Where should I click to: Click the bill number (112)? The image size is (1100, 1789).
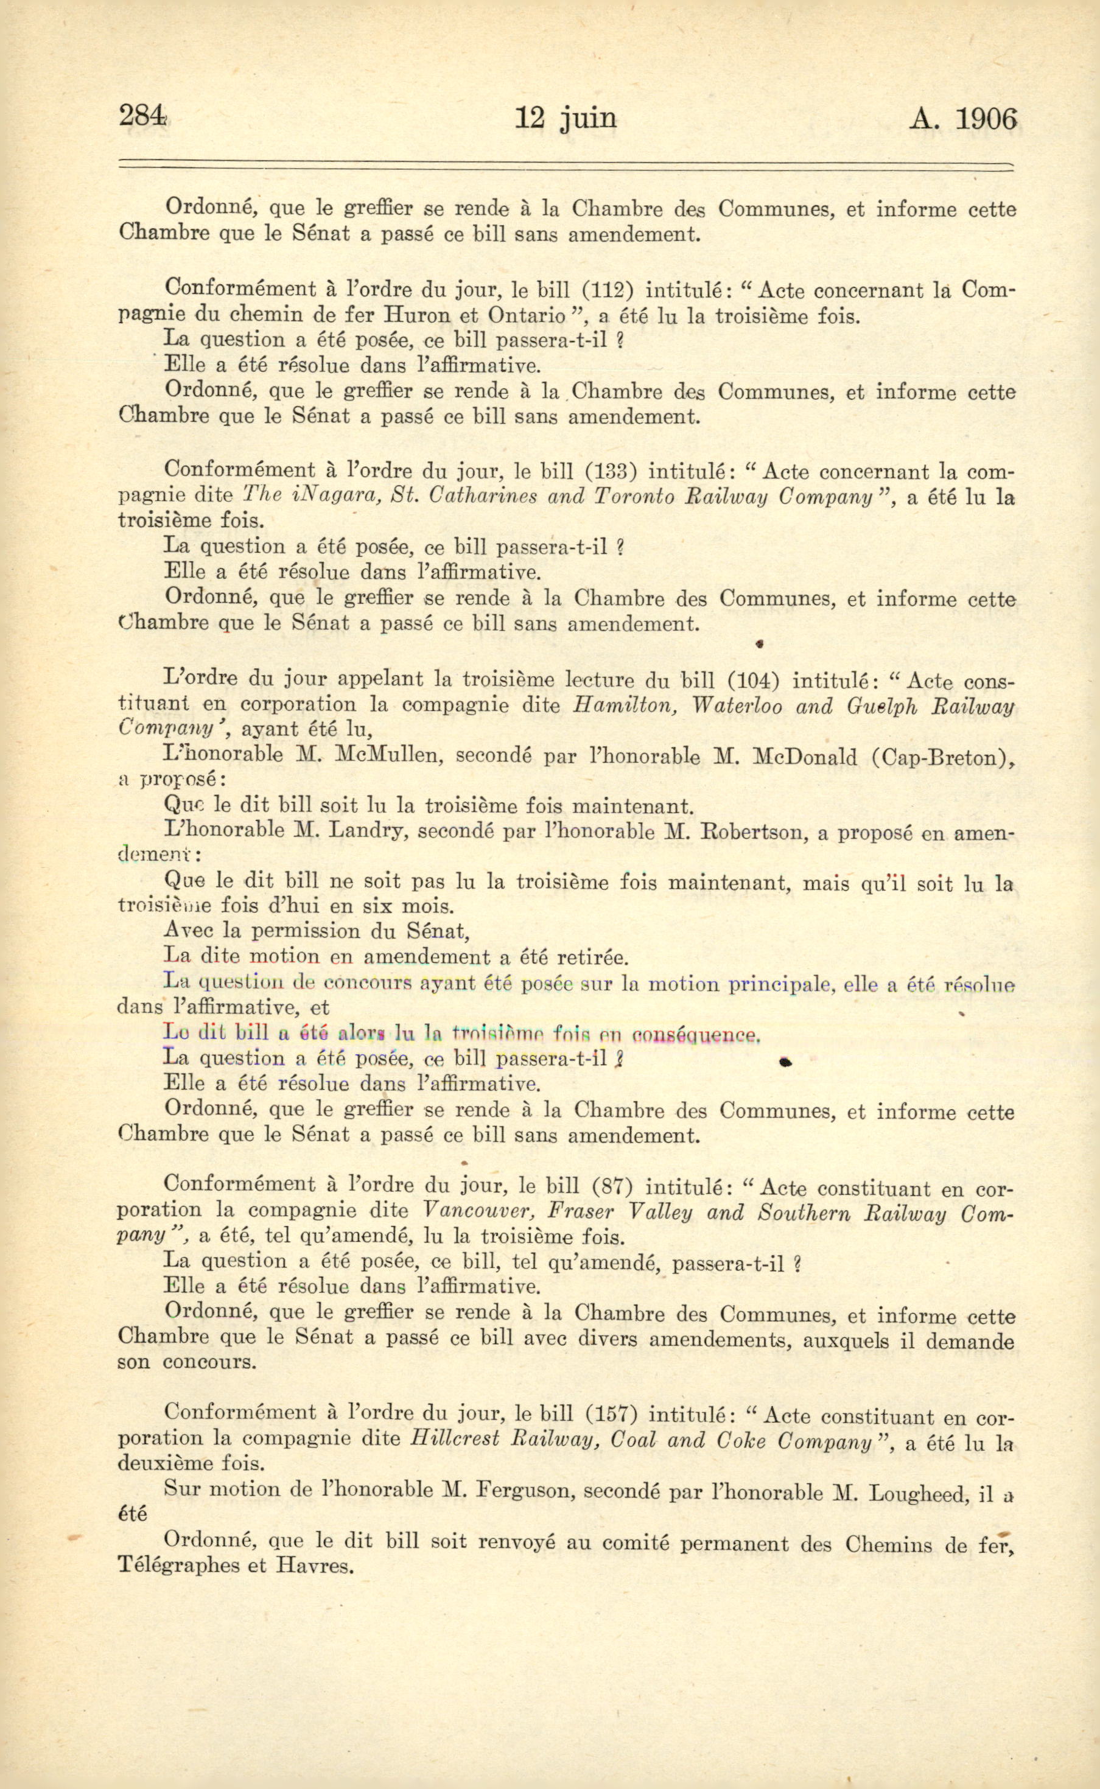609,290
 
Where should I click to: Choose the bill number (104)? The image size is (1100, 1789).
754,680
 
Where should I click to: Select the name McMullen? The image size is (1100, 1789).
388,755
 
